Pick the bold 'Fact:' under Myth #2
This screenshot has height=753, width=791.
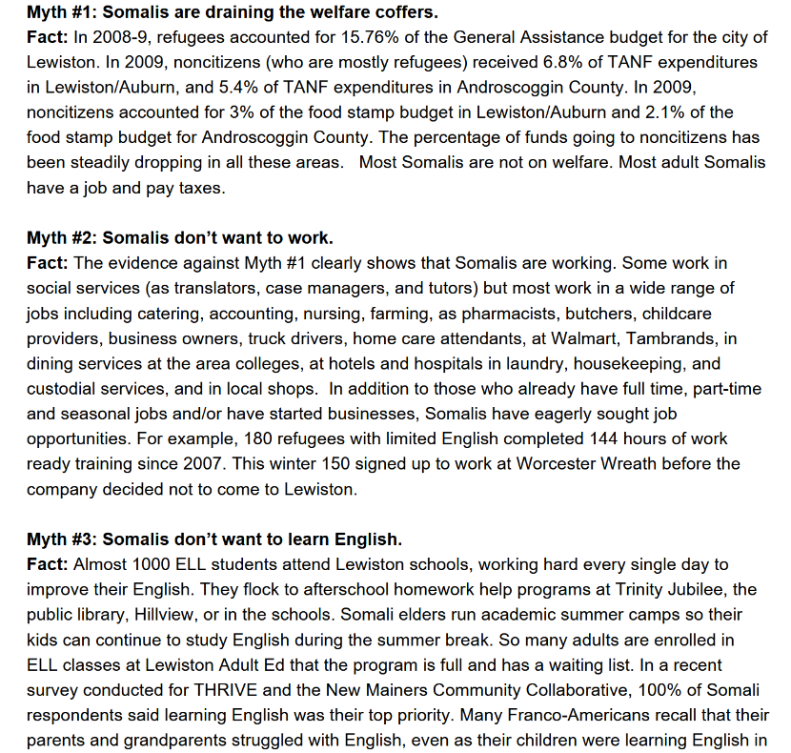click(x=48, y=262)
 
